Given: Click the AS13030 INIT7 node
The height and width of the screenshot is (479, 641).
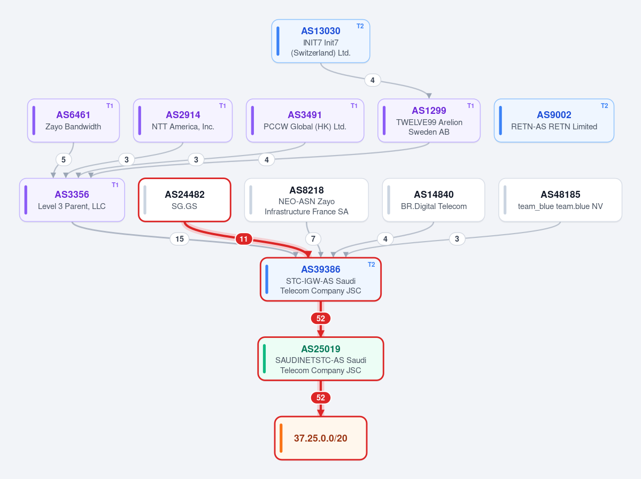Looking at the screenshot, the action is click(x=321, y=41).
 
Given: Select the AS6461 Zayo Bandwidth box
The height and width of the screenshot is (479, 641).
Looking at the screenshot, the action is click(x=74, y=121).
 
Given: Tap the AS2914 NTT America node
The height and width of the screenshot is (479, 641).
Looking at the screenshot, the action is click(x=183, y=121).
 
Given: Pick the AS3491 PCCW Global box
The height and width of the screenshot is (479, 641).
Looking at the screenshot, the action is click(x=305, y=121).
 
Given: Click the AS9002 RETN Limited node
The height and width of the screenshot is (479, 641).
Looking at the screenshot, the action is click(x=554, y=121).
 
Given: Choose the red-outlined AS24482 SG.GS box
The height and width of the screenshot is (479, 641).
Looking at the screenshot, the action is click(x=185, y=200).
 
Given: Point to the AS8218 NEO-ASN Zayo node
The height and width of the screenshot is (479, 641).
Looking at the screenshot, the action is click(x=307, y=200).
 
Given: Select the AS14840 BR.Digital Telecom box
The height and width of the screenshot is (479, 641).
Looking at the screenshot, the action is click(x=434, y=200).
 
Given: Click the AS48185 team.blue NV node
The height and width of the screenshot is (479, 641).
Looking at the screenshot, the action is click(x=560, y=200).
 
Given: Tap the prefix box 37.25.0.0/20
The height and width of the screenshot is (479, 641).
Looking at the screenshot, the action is click(x=321, y=438).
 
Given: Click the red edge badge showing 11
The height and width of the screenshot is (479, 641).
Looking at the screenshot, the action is click(x=244, y=239).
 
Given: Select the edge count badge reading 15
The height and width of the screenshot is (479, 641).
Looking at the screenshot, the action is click(x=180, y=239).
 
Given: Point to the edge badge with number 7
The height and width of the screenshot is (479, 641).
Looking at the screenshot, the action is click(x=313, y=239).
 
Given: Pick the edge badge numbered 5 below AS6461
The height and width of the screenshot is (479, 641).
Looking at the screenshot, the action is click(x=64, y=160).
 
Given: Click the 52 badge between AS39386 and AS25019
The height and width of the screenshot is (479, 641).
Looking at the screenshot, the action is click(x=321, y=319).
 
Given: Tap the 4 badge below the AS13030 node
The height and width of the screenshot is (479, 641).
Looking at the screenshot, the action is click(x=373, y=80).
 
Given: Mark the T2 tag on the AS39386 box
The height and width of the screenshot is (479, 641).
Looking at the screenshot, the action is click(x=371, y=265).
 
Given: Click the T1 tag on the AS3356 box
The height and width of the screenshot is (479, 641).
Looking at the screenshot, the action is click(x=115, y=185).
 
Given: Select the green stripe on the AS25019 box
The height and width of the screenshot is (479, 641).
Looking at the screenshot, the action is click(x=265, y=359).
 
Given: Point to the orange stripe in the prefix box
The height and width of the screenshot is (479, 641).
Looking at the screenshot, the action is click(x=281, y=438).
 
